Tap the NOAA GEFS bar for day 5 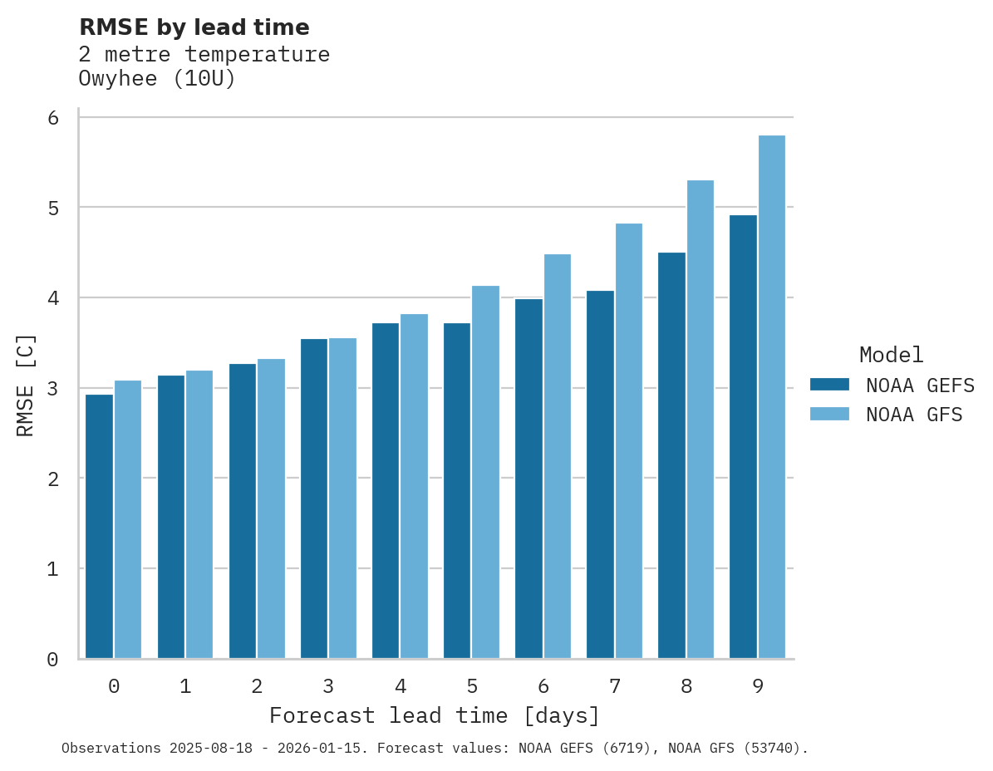[457, 490]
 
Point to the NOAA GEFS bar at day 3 [314, 498]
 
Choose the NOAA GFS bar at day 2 [272, 508]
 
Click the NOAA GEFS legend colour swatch [829, 384]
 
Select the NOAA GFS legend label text [914, 415]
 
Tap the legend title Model [891, 355]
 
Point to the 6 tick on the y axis [53, 118]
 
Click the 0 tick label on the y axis [53, 660]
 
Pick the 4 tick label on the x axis [401, 686]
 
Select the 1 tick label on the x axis [185, 686]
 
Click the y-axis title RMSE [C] [26, 385]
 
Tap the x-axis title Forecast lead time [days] [434, 715]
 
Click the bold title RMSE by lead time [194, 27]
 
